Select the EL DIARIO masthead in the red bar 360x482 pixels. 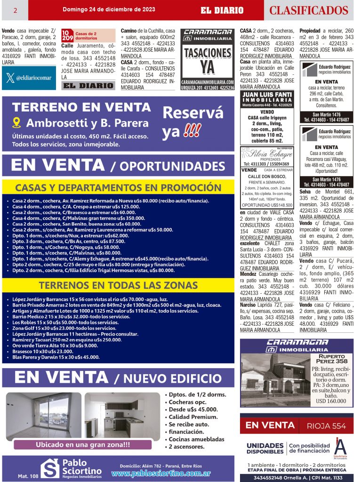point(222,10)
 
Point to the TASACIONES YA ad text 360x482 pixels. point(208,60)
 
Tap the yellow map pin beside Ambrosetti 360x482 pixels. point(17,123)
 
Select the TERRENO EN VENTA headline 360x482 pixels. point(81,107)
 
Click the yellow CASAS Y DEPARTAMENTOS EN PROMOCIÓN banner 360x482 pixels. point(118,187)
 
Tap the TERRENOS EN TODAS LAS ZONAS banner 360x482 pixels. point(118,285)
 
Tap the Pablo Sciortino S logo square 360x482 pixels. point(49,468)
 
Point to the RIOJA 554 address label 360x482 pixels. point(326,426)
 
